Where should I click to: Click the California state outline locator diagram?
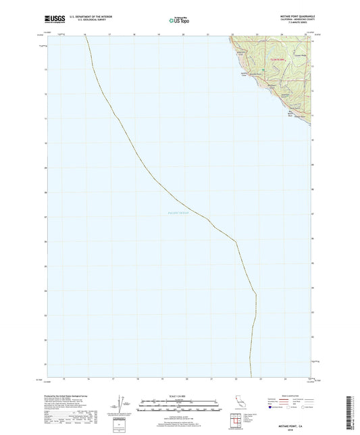click(x=238, y=403)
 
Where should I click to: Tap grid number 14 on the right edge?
click(x=313, y=43)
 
